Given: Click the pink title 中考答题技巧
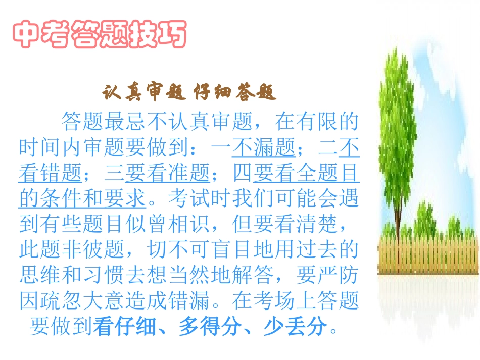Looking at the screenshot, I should point(99,34).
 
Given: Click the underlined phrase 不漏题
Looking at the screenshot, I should point(263,147).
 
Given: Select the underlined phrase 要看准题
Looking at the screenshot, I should point(168,174).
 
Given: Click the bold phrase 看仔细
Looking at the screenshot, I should point(125,327).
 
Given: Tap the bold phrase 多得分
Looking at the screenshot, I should point(210,327).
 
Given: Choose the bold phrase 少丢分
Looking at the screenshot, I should point(295,327).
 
